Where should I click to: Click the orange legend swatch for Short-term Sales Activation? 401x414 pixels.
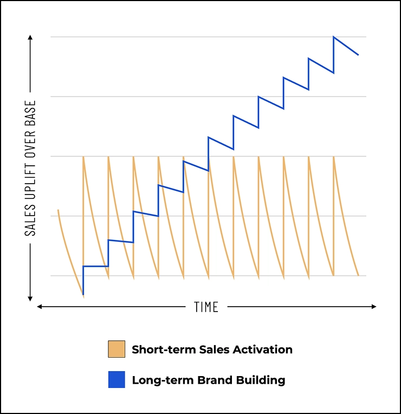pyautogui.click(x=117, y=349)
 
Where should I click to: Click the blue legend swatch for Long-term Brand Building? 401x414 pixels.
pyautogui.click(x=117, y=380)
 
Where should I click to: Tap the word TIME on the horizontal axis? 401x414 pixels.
pyautogui.click(x=206, y=307)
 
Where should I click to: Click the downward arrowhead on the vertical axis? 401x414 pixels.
pyautogui.click(x=30, y=297)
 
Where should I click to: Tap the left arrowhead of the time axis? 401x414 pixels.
pyautogui.click(x=39, y=307)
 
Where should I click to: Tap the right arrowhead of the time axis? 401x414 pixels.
pyautogui.click(x=373, y=307)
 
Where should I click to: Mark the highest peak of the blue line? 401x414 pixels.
pyautogui.click(x=334, y=37)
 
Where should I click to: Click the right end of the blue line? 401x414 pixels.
pyautogui.click(x=358, y=55)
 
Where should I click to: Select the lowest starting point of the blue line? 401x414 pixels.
pyautogui.click(x=83, y=294)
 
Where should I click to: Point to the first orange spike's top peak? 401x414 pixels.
pyautogui.click(x=83, y=157)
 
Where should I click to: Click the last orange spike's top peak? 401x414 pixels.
pyautogui.click(x=334, y=157)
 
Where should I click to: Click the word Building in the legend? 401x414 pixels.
pyautogui.click(x=262, y=380)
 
